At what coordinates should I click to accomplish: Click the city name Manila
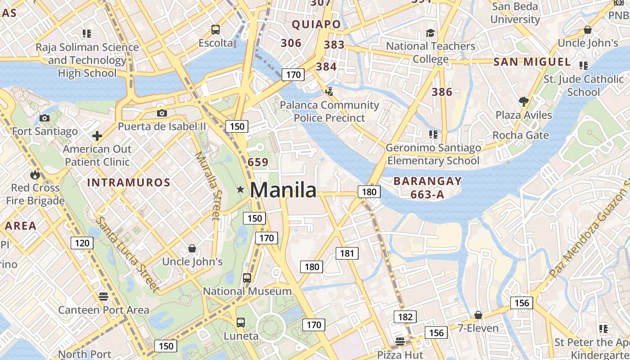(283, 190)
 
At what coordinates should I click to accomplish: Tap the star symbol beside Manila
(241, 190)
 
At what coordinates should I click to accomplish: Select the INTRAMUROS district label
(129, 182)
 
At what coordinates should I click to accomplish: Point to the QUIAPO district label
(316, 24)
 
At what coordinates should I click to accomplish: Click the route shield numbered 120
(82, 243)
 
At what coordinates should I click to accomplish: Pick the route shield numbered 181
(347, 253)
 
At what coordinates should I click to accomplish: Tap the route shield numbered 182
(405, 317)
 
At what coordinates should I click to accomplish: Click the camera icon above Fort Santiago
(44, 118)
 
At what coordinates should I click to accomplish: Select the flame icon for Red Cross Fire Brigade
(35, 175)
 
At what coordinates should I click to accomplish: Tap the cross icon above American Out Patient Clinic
(97, 136)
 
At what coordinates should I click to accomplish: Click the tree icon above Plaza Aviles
(523, 102)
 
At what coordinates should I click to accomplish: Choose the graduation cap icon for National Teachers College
(431, 33)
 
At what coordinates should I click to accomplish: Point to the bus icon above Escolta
(216, 30)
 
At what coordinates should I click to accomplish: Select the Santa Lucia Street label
(127, 254)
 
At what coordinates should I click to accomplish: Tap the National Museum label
(247, 291)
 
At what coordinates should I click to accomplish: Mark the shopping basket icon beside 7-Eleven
(478, 315)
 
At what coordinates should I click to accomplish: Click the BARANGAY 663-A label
(427, 188)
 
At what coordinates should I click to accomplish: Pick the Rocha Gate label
(521, 135)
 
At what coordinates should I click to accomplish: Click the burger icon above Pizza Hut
(400, 341)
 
